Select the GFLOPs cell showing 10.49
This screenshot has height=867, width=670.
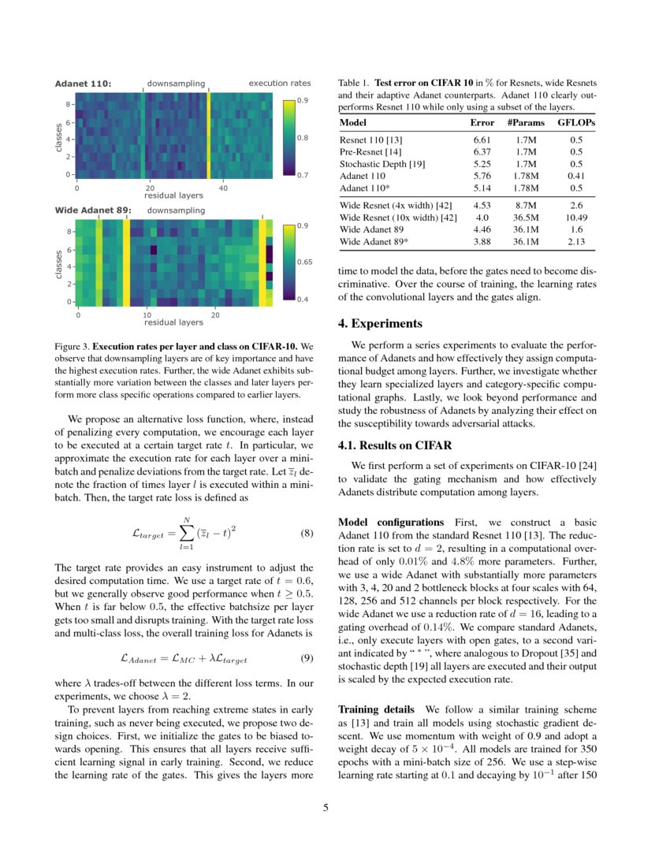point(575,218)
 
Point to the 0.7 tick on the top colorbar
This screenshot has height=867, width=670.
point(303,175)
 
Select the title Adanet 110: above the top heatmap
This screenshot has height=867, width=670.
point(83,84)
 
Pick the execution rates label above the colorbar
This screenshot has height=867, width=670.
point(280,84)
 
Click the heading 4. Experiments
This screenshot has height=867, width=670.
point(380,324)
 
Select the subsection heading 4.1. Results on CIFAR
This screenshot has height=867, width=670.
point(395,445)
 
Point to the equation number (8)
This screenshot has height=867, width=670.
point(309,532)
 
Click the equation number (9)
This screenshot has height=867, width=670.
point(309,657)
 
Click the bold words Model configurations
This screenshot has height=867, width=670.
point(390,523)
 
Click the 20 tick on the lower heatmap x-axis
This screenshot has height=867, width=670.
point(216,314)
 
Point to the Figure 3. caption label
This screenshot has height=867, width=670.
point(72,346)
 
